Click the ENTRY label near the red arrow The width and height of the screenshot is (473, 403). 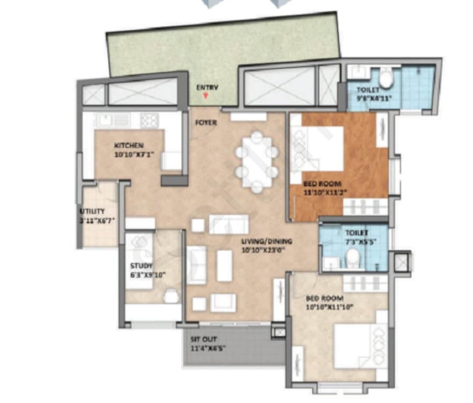[207, 87]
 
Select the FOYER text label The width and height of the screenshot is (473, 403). [206, 123]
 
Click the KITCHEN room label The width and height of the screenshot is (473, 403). [129, 145]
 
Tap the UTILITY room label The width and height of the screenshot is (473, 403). [92, 211]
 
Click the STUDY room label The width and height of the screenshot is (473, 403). [141, 266]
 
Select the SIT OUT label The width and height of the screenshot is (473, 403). [203, 339]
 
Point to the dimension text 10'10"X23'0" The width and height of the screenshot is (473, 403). [267, 250]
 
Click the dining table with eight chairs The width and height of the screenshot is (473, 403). [257, 162]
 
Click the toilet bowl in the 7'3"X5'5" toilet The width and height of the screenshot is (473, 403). [353, 258]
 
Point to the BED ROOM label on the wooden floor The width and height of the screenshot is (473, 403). [322, 184]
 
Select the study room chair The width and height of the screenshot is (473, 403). [171, 296]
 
